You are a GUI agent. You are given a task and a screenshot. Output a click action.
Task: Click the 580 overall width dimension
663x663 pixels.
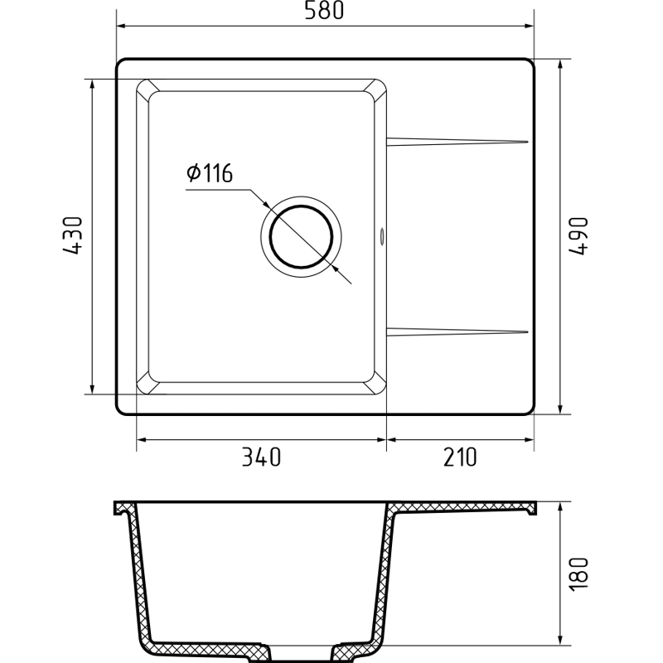[325, 11]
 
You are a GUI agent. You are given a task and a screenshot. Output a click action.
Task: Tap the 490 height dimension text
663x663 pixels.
[578, 236]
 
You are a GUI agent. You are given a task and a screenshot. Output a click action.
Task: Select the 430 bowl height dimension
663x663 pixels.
[72, 235]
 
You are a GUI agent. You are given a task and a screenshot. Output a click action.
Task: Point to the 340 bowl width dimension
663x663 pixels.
[261, 457]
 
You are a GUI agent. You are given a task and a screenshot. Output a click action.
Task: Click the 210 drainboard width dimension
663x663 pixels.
[460, 457]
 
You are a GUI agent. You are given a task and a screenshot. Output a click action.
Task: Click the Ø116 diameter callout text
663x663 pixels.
[210, 173]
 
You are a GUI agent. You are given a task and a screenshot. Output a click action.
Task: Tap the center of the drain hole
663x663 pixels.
[301, 237]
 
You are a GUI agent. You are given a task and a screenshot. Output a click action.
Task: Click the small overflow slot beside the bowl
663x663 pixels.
[382, 236]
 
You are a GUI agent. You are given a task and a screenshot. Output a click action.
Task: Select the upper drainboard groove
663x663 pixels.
[457, 142]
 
